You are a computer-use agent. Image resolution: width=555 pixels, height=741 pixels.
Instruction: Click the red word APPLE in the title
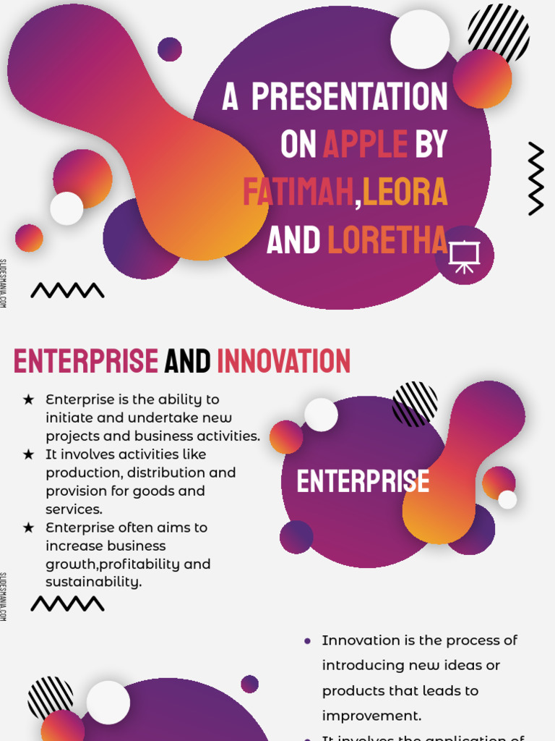tap(365, 145)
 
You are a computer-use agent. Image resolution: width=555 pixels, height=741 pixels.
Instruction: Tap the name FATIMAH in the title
tap(298, 192)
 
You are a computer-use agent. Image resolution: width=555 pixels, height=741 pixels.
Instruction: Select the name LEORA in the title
tap(405, 192)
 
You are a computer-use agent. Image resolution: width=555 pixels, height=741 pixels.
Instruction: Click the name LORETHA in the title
tap(387, 240)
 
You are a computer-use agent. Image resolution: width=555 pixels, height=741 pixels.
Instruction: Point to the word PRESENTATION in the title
tap(350, 97)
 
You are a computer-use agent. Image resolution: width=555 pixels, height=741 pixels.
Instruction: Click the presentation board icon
tap(464, 256)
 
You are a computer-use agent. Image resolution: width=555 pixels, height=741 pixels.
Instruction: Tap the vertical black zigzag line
tap(535, 179)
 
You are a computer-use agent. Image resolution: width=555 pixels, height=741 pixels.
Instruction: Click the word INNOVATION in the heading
tap(284, 361)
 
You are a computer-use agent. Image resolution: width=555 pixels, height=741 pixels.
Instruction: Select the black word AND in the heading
tap(187, 361)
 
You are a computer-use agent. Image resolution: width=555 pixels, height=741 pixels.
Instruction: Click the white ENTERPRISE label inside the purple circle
tap(363, 481)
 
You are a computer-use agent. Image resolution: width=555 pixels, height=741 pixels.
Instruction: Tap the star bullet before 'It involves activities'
tap(28, 454)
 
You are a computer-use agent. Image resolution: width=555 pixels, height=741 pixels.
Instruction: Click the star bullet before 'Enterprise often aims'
tap(28, 528)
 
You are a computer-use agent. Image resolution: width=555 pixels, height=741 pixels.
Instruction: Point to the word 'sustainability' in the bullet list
tap(93, 582)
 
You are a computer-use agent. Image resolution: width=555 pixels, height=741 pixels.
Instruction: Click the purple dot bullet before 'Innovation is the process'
tap(308, 641)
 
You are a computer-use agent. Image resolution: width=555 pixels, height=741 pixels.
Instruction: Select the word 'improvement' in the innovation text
tap(371, 716)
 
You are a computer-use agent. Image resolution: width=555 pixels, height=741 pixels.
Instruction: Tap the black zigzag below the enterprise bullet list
tap(67, 603)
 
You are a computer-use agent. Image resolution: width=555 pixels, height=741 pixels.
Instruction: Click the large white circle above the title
tap(420, 39)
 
